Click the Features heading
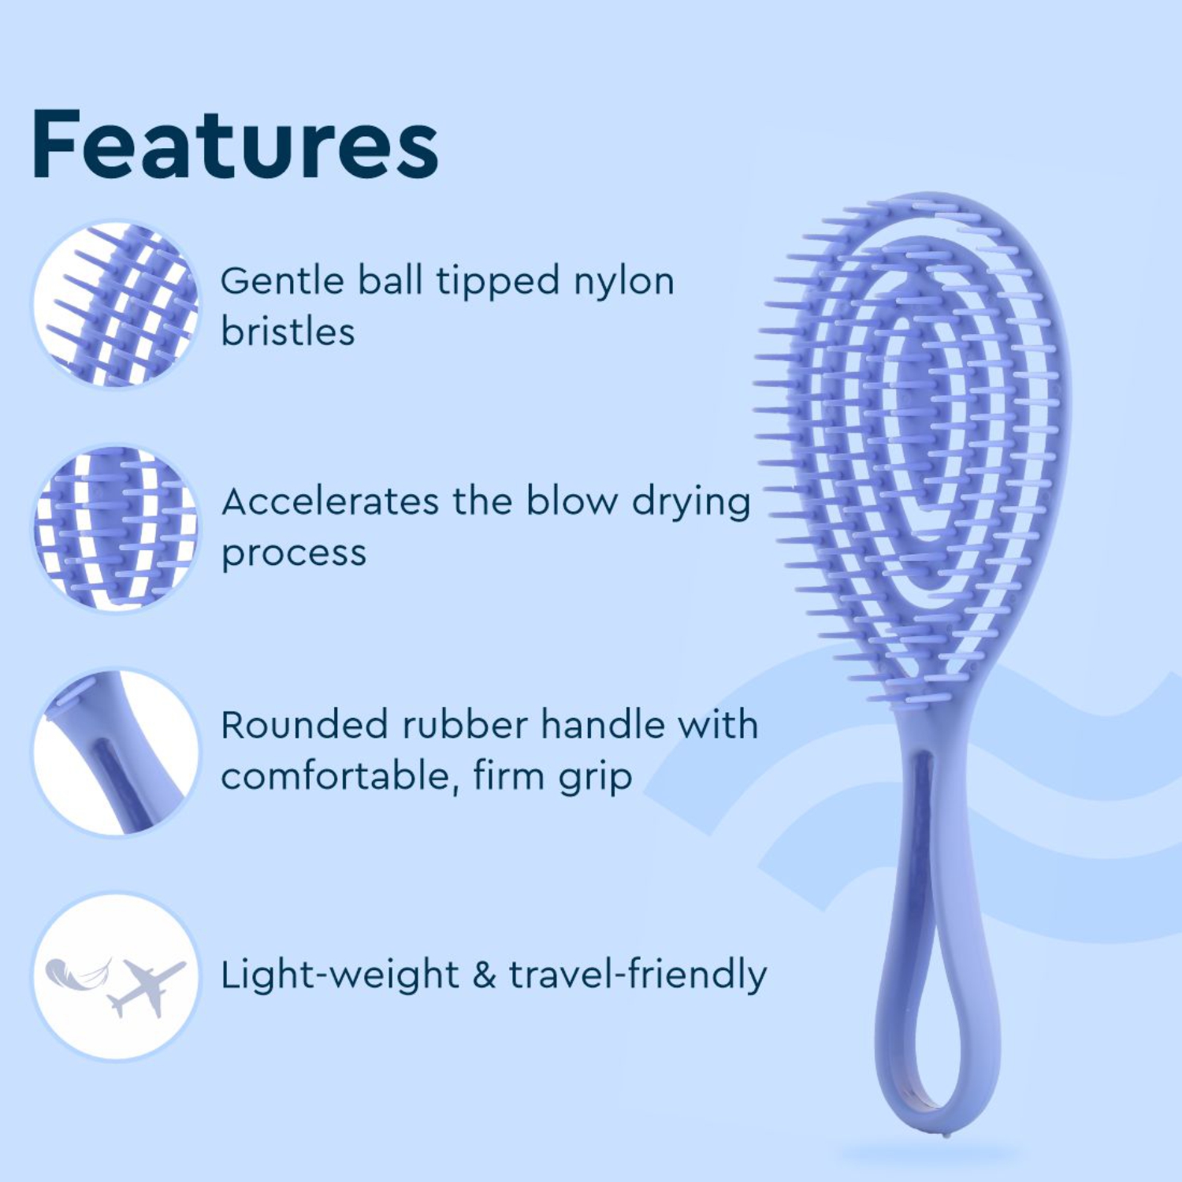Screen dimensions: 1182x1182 [x=235, y=145]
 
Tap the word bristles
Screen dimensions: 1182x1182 [x=288, y=332]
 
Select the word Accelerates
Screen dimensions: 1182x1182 [x=330, y=502]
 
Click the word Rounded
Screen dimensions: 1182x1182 [x=303, y=726]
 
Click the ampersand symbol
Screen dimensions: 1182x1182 [x=484, y=976]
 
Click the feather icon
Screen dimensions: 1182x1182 [x=77, y=973]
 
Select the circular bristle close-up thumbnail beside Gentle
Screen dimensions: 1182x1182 [x=116, y=304]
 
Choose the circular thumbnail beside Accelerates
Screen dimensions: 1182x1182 [x=116, y=528]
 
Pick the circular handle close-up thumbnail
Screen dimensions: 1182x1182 [x=116, y=752]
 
